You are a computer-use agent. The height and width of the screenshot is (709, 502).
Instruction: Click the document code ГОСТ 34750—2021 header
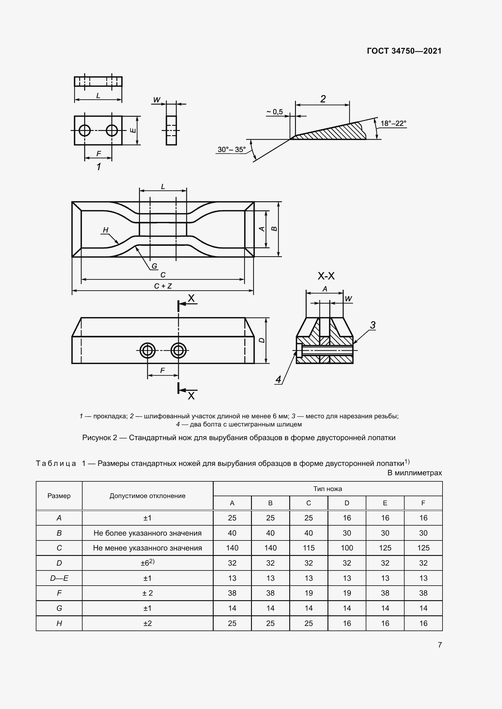point(404,51)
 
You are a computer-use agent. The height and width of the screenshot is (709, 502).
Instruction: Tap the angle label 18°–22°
point(393,123)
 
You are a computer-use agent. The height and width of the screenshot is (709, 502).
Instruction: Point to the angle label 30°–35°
point(232,149)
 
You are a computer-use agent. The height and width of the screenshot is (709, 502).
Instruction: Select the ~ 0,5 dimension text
point(274,112)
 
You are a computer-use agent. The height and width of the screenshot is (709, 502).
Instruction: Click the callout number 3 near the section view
point(373,325)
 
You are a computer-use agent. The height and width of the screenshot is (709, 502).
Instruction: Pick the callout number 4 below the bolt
point(279,379)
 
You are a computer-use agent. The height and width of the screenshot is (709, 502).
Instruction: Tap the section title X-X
point(326,276)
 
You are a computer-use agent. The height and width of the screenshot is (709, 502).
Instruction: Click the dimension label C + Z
point(163,286)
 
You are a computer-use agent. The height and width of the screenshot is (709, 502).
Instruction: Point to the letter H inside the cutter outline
point(106,230)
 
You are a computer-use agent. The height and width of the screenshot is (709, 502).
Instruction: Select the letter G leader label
point(154,266)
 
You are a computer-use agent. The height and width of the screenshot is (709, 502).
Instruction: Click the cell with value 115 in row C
point(308,548)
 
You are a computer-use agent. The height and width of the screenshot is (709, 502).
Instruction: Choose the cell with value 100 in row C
point(347,548)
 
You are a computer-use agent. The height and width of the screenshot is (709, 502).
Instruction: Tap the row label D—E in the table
point(59,578)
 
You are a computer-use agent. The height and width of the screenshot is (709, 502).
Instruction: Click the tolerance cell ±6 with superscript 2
point(148,563)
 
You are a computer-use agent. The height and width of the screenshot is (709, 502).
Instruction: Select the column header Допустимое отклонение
point(148,496)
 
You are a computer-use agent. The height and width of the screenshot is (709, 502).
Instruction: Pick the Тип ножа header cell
point(328,489)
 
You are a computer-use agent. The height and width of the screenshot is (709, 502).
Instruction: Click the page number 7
point(440,645)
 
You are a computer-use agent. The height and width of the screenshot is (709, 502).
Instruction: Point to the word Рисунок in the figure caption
point(100,438)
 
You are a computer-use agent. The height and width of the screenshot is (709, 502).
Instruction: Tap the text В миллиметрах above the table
point(415,473)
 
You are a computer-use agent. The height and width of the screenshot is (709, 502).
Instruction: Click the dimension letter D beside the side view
point(262,340)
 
